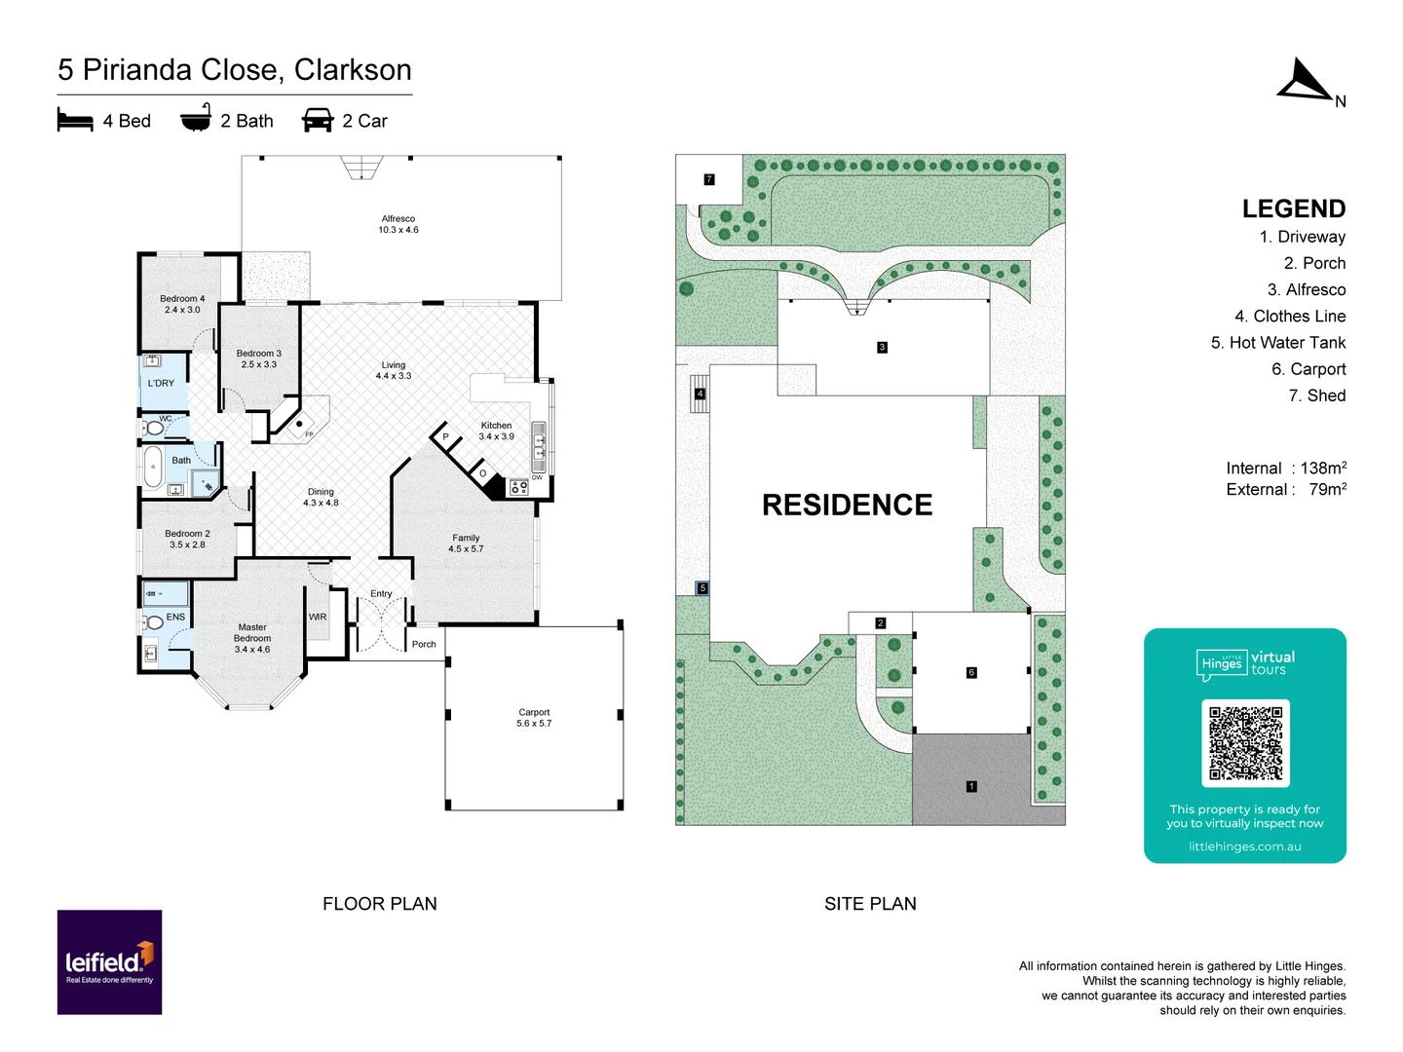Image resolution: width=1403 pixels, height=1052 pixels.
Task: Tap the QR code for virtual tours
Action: (1245, 743)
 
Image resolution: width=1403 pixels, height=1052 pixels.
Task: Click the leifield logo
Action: (109, 962)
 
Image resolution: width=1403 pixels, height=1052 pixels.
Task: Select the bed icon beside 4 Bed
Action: (75, 121)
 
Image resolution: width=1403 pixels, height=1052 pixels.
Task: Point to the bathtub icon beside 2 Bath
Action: (196, 119)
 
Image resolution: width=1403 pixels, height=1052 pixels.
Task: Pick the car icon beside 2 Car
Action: (318, 121)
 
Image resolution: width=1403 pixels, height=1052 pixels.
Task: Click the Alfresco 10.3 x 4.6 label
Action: (398, 225)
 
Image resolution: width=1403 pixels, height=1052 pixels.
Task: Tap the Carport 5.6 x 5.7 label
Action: (534, 718)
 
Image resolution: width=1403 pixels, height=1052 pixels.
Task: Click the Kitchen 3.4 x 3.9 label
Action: (496, 431)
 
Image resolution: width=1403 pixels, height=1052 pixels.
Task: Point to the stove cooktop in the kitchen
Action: (519, 487)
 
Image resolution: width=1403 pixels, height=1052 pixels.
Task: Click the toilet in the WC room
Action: (154, 428)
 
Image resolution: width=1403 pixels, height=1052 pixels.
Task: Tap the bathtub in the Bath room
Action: (153, 468)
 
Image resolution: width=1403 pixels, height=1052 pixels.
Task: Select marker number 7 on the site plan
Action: (709, 179)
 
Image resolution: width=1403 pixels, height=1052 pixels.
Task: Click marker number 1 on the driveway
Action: (970, 786)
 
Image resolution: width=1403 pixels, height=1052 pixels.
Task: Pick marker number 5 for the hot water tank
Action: (702, 588)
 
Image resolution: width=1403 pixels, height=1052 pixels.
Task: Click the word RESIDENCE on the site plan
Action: (847, 505)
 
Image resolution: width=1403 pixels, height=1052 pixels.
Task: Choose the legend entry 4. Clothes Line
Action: (1289, 317)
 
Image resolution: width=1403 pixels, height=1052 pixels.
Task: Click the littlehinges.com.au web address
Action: (1244, 846)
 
